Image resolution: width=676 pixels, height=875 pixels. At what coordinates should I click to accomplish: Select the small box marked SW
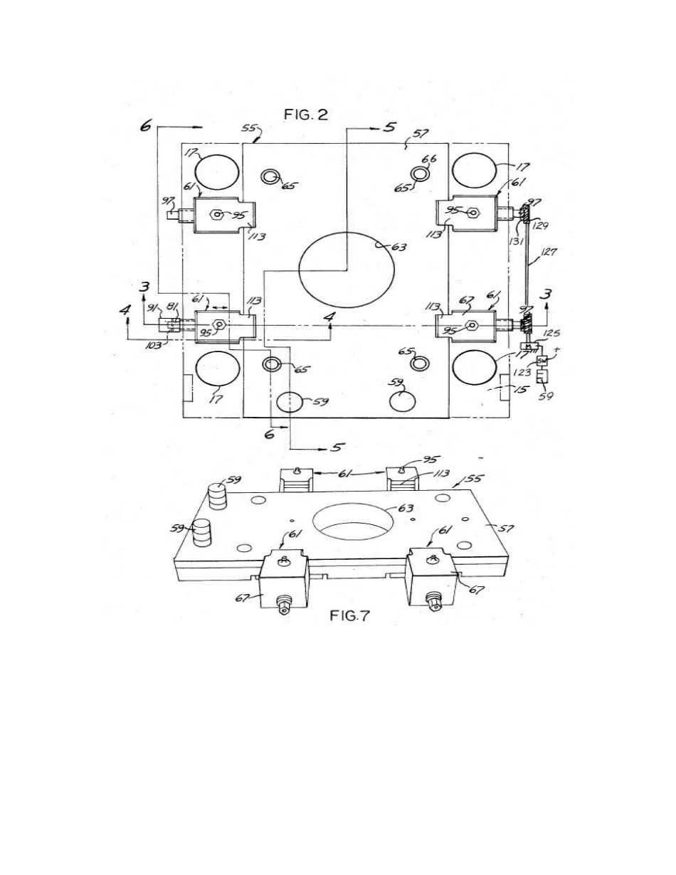point(541,361)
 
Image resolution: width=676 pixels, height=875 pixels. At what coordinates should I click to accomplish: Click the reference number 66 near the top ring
point(428,159)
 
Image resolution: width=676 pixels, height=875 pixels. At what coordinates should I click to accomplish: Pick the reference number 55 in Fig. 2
point(251,129)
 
